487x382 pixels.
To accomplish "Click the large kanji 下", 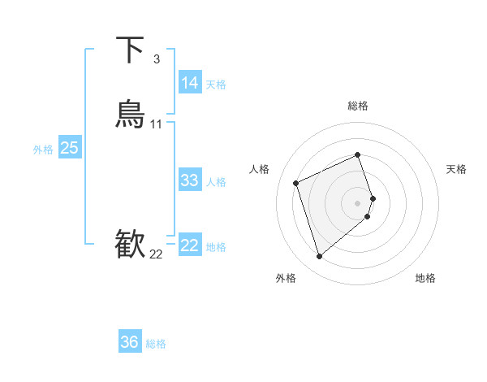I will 131,50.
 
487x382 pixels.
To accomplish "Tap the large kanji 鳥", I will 131,114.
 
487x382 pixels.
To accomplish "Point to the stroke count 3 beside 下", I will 156,59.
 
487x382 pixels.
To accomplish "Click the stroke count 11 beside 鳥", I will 157,124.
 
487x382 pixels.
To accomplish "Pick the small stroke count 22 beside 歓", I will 156,254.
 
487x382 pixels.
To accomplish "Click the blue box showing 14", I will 189,83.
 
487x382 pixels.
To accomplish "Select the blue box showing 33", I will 189,180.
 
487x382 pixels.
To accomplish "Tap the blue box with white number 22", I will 189,245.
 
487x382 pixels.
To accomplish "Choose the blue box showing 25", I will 69,148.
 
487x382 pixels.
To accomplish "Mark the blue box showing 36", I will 129,342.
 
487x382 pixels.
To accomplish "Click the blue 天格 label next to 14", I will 216,85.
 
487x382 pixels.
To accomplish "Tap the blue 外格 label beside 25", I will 43,150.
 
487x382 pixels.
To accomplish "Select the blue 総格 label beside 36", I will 156,344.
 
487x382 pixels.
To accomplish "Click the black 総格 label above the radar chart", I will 358,106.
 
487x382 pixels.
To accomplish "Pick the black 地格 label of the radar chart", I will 425,278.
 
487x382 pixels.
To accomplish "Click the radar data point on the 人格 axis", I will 296,182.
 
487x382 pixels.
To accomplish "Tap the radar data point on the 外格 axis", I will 319,256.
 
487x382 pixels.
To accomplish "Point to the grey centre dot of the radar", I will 358,202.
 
